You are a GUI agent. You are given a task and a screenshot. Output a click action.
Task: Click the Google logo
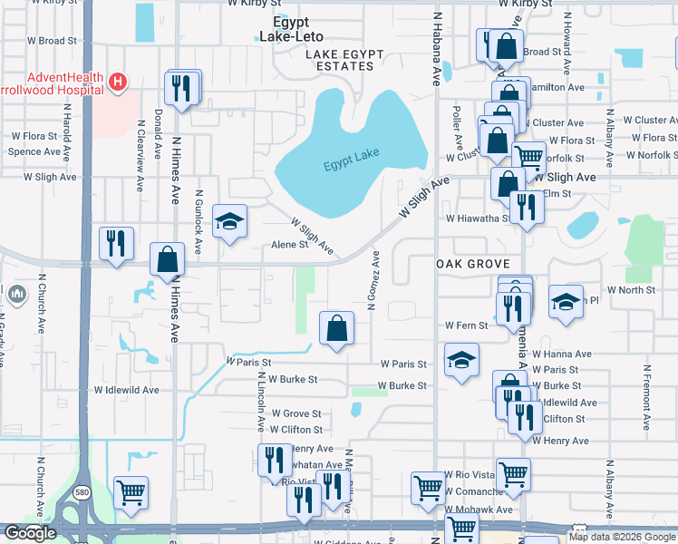[30, 533]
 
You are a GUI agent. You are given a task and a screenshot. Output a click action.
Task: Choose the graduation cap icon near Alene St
[229, 220]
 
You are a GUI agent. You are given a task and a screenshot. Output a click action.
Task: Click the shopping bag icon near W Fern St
[336, 328]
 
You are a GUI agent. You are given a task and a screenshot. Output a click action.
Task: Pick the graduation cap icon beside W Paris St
[461, 360]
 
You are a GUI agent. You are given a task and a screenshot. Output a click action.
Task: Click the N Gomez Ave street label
[373, 281]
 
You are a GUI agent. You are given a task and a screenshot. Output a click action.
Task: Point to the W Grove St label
[296, 413]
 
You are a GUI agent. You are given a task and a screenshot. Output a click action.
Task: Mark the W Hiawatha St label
[478, 219]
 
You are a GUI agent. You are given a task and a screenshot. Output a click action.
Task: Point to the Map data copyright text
[622, 537]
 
